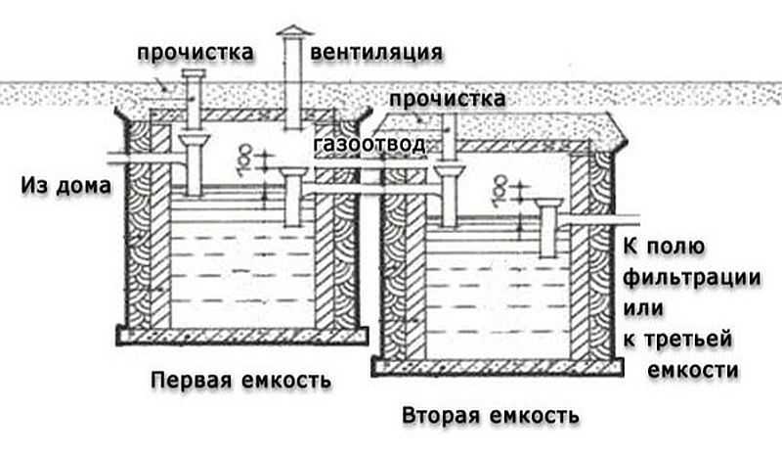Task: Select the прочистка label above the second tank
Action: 447,100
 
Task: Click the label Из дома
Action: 64,185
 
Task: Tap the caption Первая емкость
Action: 240,379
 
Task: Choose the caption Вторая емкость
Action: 491,415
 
